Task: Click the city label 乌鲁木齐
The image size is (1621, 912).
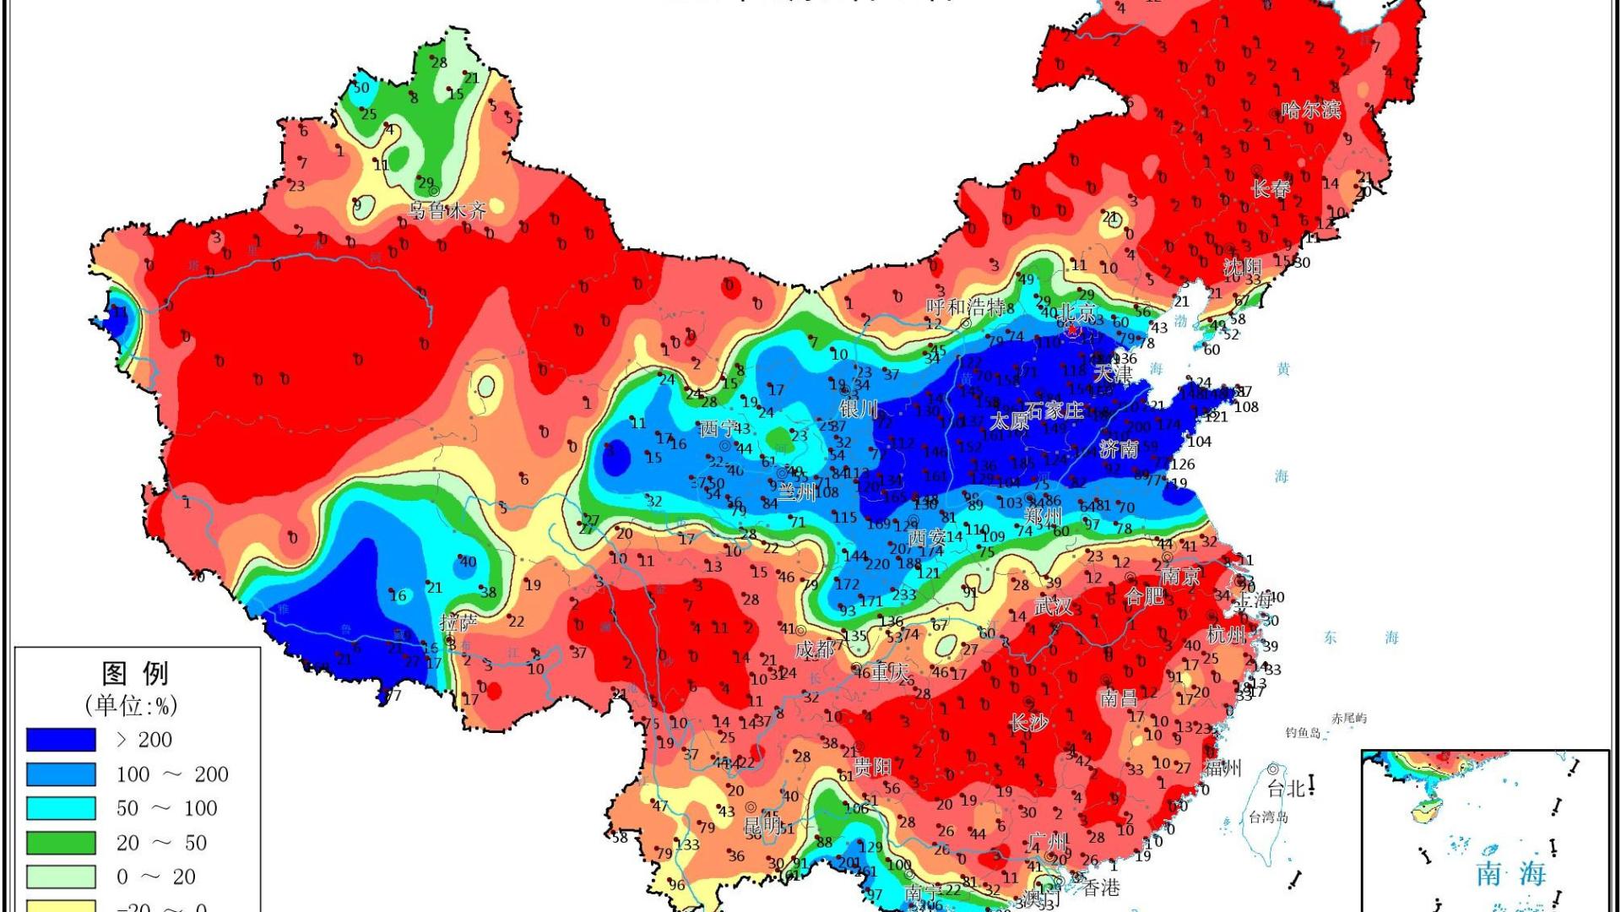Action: tap(447, 210)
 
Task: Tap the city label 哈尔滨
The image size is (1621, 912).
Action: tap(1310, 110)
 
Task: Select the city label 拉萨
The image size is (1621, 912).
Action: tap(458, 623)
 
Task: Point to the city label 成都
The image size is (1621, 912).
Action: tap(815, 649)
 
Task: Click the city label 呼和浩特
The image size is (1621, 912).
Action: tap(965, 307)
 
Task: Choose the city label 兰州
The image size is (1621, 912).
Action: tap(796, 491)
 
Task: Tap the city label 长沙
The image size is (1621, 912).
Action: tap(1029, 723)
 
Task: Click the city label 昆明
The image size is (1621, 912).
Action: tap(762, 823)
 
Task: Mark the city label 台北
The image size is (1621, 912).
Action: tap(1286, 789)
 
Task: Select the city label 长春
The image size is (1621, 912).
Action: tap(1271, 189)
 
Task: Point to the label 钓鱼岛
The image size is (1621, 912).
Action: tap(1303, 733)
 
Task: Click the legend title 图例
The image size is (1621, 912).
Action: tap(135, 674)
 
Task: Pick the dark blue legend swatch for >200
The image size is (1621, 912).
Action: tap(61, 740)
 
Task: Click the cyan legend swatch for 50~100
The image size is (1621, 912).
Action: tap(61, 808)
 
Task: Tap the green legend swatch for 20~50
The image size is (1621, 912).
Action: tap(61, 843)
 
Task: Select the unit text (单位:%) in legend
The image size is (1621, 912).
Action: tap(131, 706)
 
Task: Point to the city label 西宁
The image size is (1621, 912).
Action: tap(718, 429)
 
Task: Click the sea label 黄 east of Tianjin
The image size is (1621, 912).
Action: tap(1283, 369)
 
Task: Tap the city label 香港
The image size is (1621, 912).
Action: tap(1102, 888)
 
